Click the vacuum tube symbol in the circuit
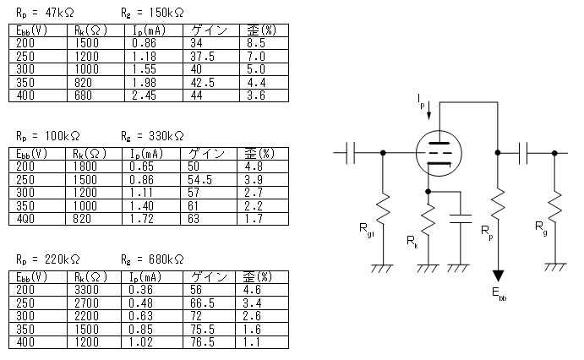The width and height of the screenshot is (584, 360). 439,153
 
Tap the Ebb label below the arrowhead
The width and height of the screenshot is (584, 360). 499,295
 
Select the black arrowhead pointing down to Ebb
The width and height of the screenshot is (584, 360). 499,275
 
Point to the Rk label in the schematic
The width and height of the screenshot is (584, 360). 411,243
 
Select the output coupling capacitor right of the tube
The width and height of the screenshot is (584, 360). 525,153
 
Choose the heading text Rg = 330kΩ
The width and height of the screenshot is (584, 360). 152,135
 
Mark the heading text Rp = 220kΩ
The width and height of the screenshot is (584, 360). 48,259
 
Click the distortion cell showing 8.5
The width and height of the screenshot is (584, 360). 254,41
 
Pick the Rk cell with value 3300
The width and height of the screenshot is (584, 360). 89,289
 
